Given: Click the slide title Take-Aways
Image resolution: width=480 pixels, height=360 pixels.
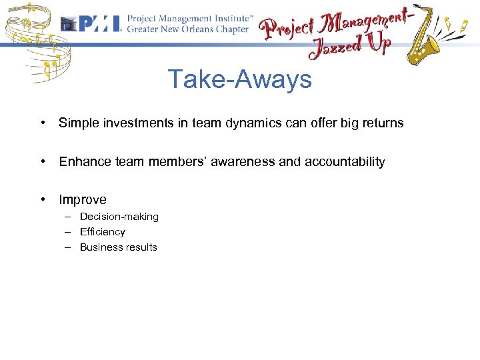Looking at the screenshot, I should tap(239, 79).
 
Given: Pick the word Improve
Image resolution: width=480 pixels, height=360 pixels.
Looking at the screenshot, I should tap(82, 199).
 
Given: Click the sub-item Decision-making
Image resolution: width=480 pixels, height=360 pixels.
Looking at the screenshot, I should tap(119, 217).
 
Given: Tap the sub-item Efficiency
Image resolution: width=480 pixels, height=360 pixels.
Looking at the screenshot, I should tap(103, 232).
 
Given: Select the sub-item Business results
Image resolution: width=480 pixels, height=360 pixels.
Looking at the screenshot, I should tap(119, 247).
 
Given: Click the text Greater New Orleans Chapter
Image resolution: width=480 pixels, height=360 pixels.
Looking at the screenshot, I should tap(187, 29).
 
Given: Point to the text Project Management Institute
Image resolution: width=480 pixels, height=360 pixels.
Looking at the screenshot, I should tap(187, 19).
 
